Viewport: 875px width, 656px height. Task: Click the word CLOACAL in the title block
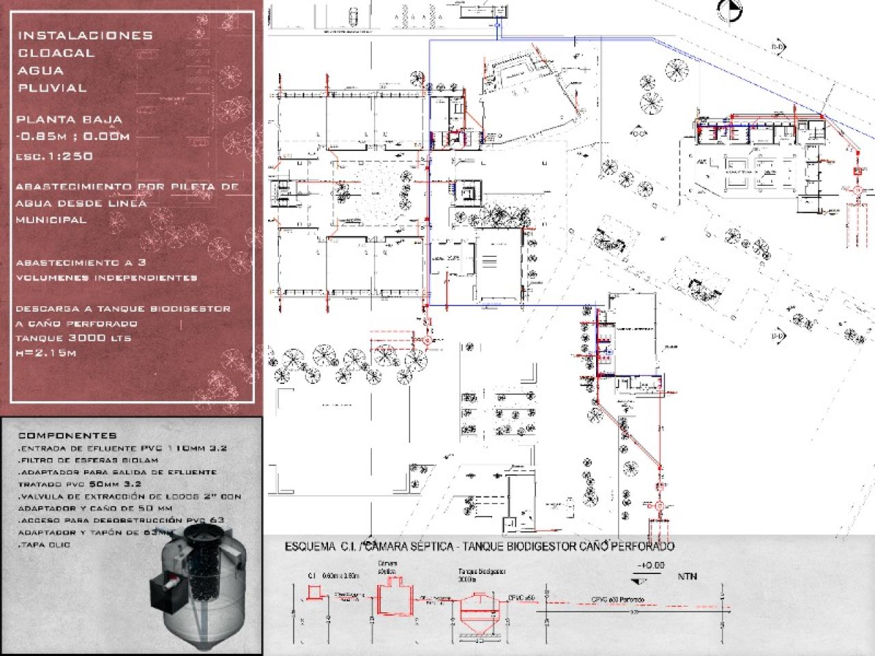click(x=56, y=53)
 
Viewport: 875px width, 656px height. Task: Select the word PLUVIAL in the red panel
click(x=53, y=87)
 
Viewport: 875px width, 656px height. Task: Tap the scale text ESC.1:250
click(x=55, y=156)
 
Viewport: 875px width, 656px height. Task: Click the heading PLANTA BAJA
click(x=69, y=120)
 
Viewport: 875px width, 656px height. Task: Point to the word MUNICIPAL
click(x=51, y=220)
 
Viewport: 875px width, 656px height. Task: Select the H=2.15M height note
click(x=46, y=353)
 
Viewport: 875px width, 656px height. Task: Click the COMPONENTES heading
click(x=67, y=435)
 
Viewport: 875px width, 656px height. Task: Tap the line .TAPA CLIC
click(x=44, y=545)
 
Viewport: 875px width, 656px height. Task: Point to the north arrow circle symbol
click(x=729, y=8)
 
